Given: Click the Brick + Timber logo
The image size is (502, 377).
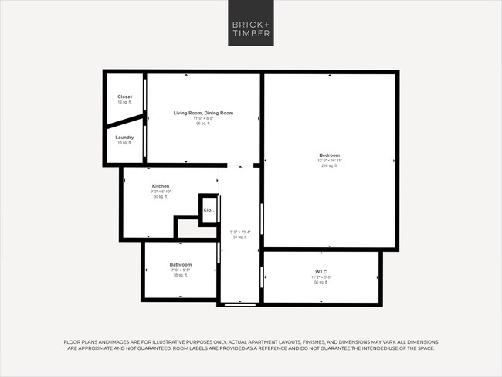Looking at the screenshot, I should pos(251,28).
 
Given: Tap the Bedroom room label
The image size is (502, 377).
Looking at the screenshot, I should pos(330,155).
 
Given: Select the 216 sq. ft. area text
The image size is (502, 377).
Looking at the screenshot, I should pos(330,165).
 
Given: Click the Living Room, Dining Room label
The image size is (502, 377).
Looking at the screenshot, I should pos(203,113).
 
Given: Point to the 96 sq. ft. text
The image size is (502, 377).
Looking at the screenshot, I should pos(203,123).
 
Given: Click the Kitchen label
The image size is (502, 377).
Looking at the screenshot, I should pos(161,186).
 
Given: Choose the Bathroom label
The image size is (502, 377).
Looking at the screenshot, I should pos(181,265).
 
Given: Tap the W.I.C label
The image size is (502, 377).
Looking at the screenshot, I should pos(322,271).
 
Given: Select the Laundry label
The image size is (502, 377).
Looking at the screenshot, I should pos(124,138).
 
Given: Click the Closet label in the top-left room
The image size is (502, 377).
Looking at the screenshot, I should pos(124,97).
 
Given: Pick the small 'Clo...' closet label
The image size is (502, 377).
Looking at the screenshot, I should pos(209,210).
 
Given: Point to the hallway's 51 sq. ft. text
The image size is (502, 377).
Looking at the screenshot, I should pos(239,237).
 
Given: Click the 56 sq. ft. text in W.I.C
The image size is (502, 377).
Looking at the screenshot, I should pos(321,283).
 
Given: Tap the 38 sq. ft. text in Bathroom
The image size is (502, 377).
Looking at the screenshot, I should pos(181,275).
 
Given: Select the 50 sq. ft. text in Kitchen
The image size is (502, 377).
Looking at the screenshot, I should pos(160,197).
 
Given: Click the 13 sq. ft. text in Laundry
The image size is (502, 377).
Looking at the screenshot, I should pos(124,143).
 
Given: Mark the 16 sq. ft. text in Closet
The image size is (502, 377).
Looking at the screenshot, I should pos(124,102).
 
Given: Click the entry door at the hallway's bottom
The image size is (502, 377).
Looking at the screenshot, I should pos(239,304).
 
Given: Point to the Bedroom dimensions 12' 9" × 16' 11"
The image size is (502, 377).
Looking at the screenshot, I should pos(330,161).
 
